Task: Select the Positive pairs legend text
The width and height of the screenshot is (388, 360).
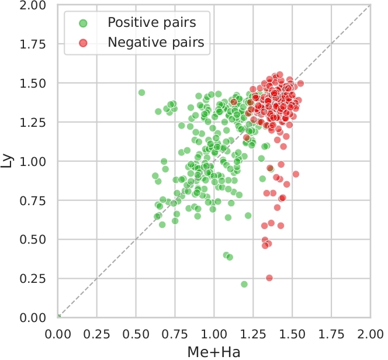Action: point(151,23)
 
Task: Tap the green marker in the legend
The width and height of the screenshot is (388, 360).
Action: point(83,23)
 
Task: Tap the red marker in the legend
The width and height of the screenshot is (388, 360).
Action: point(83,43)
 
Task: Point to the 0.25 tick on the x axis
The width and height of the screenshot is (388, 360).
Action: point(97,333)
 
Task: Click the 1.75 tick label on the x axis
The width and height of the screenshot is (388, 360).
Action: point(331,333)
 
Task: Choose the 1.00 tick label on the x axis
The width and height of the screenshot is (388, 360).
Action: point(214,333)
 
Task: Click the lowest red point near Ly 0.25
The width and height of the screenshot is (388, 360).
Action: point(269,278)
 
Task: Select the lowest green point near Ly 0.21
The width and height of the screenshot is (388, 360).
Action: point(244,284)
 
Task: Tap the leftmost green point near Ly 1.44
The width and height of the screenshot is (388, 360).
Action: point(141,92)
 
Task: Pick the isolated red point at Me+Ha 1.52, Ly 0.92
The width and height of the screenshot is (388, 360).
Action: point(296,174)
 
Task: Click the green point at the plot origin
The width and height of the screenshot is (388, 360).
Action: point(58,317)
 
